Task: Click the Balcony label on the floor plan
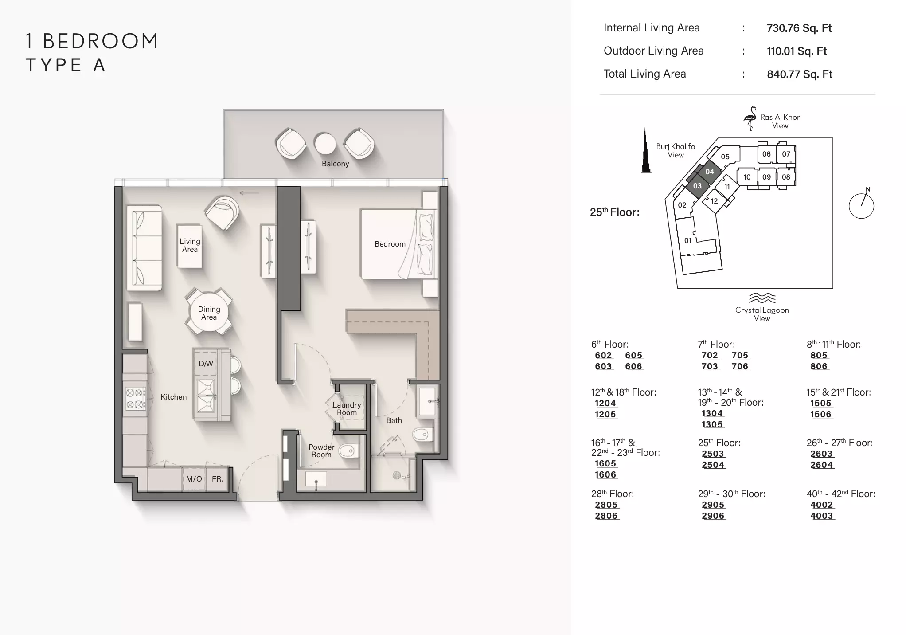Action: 335,164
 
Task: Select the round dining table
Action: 209,313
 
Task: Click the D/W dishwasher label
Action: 206,364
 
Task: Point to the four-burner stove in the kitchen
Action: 136,398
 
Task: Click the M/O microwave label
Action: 194,479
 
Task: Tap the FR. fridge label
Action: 217,479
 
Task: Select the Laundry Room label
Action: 347,408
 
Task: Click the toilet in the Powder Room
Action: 349,451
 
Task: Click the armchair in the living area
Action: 222,212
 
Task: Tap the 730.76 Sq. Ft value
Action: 799,28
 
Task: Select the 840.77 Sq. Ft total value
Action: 800,74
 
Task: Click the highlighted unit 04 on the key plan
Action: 710,172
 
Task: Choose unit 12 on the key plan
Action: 714,201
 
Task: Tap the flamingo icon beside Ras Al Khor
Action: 750,118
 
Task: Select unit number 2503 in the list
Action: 713,454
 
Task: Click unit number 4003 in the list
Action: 822,516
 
